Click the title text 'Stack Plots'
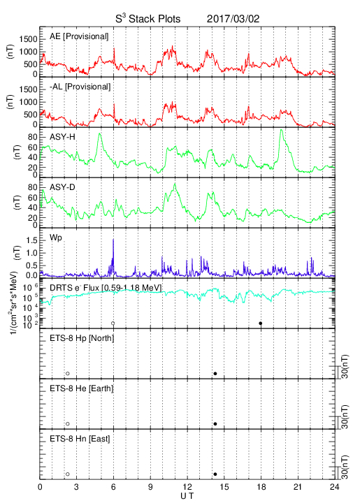pos(154,19)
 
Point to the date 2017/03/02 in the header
pos(233,19)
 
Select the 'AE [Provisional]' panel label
pos(79,36)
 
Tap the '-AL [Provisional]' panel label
pos(80,87)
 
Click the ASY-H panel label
pos(62,137)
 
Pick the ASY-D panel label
pos(62,187)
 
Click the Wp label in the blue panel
pos(55,238)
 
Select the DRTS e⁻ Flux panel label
pos(106,288)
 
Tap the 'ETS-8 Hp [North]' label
pos(82,338)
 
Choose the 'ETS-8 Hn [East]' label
pos(80,439)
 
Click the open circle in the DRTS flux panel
pos(113,323)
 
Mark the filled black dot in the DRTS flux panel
pos(261,323)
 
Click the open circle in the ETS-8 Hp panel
pos(67,373)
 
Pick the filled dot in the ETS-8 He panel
pos(215,424)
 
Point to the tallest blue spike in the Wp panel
pos(113,240)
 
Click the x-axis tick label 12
pos(187,487)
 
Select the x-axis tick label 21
pos(298,487)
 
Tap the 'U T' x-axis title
pos(187,496)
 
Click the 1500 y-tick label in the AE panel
pos(28,39)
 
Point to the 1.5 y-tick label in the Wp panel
pos(31,240)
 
